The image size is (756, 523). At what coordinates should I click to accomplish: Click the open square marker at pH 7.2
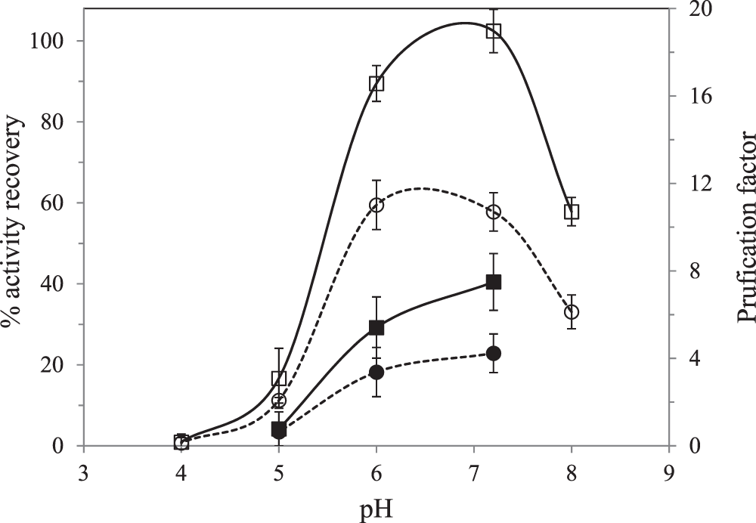(x=494, y=31)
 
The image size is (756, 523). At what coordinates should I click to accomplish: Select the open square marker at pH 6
(x=376, y=83)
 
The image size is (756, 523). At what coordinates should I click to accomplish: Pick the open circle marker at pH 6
(x=376, y=205)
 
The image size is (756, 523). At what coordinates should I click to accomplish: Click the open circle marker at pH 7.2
(x=494, y=212)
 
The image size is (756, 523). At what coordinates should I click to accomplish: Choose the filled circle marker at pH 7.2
(x=494, y=353)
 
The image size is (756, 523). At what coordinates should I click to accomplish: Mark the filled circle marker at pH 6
(x=376, y=372)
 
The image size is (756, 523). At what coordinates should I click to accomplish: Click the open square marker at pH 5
(x=279, y=379)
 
